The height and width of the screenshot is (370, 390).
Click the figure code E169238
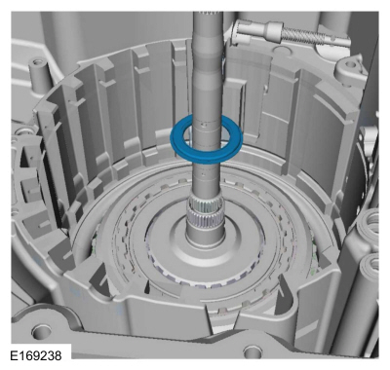pyautogui.click(x=36, y=355)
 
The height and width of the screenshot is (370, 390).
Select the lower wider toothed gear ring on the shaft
pyautogui.click(x=205, y=219)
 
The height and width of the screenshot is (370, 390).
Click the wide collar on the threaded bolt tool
pyautogui.click(x=274, y=32)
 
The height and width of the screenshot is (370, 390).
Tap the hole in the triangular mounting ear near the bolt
pyautogui.click(x=351, y=65)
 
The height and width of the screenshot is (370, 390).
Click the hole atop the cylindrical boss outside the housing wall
pyautogui.click(x=37, y=60)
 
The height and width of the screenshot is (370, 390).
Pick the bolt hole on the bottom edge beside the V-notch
pyautogui.click(x=251, y=351)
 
